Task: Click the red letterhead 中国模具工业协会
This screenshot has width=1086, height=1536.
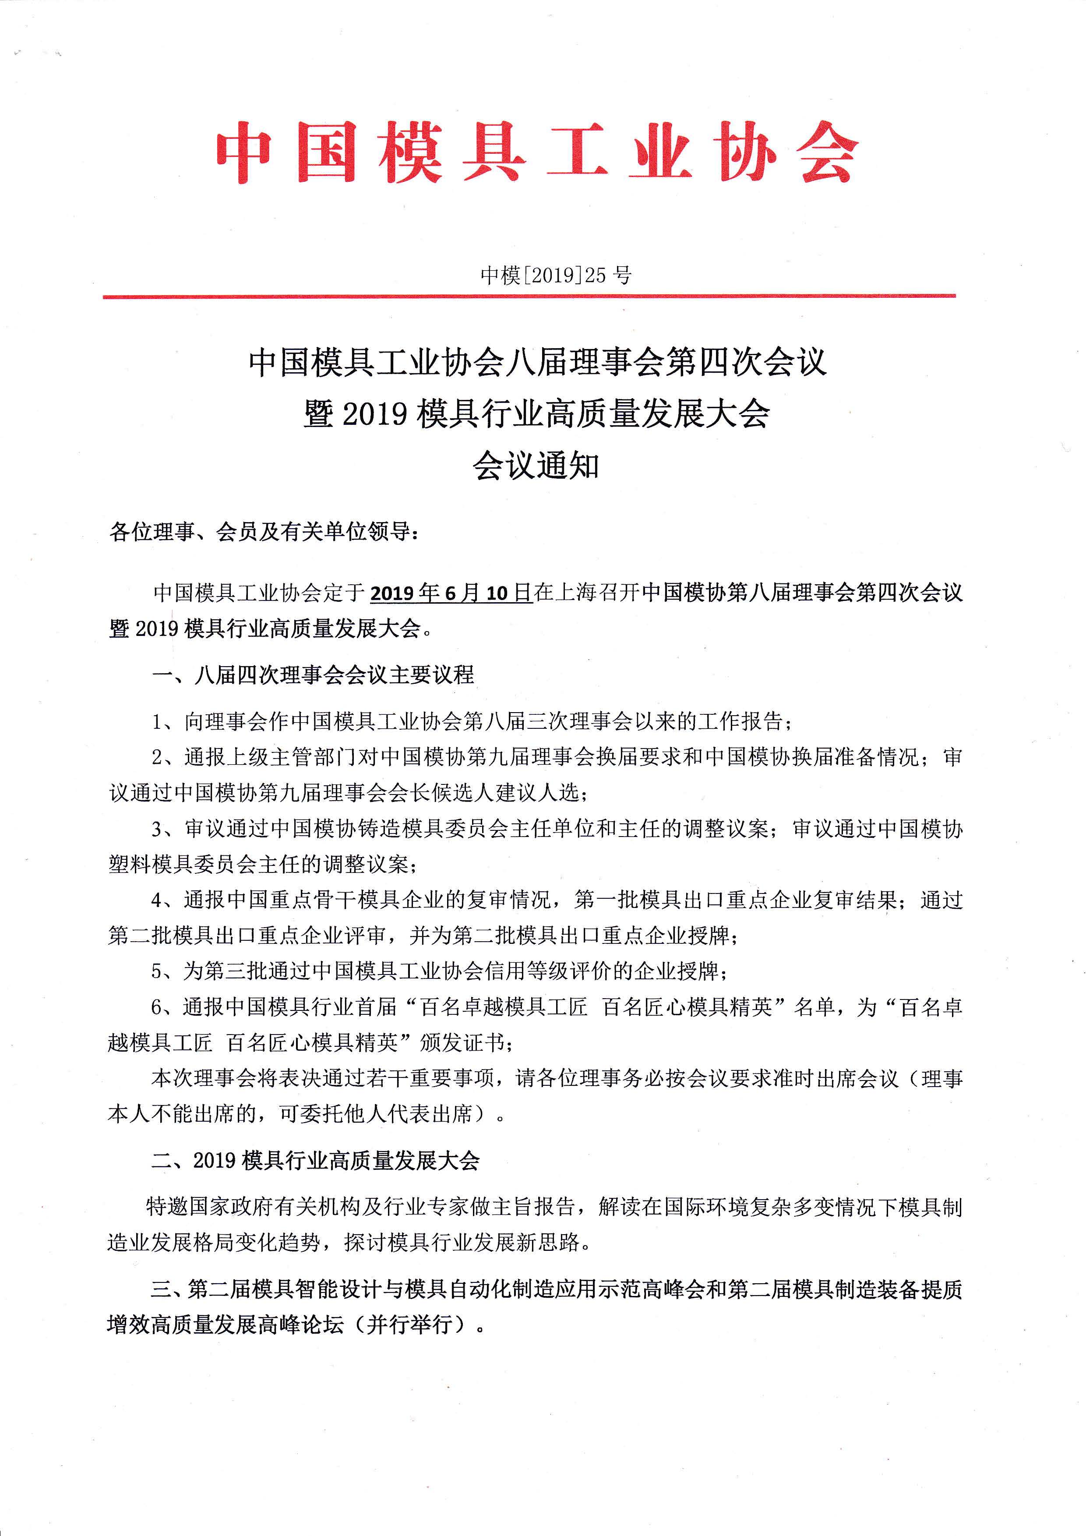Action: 537,152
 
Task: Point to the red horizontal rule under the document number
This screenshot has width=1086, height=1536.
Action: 528,296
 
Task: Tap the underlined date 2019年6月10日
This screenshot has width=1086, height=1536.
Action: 451,593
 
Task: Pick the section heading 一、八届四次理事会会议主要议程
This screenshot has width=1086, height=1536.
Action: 313,674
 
